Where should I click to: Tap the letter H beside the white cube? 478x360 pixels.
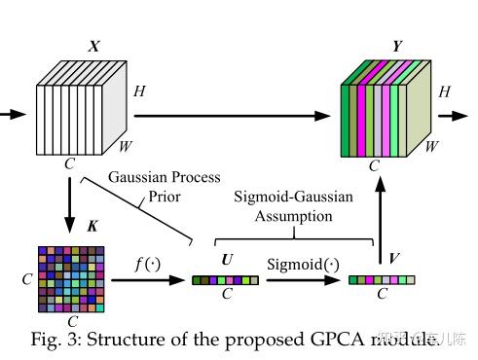[140, 91]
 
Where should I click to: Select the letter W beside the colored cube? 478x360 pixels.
[431, 147]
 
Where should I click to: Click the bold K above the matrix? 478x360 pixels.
[92, 227]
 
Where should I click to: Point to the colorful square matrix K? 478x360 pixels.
[71, 278]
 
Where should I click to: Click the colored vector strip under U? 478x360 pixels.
[226, 280]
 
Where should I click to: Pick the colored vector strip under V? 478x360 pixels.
[382, 280]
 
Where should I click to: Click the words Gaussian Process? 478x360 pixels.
[165, 178]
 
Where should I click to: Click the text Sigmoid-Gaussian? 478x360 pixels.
[294, 198]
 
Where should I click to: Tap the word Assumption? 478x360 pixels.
[294, 216]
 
